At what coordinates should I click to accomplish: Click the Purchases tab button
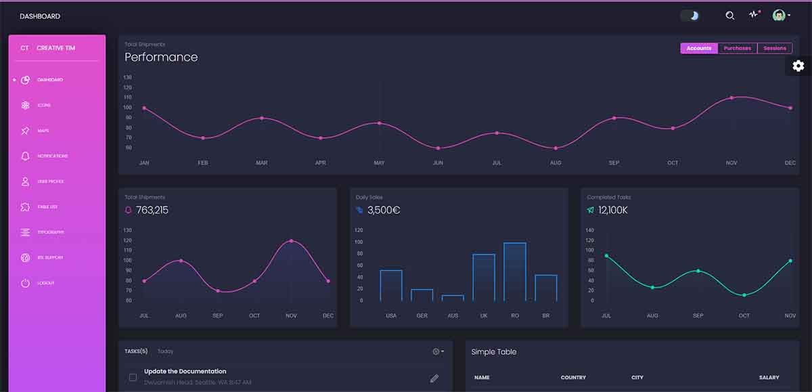[x=737, y=48]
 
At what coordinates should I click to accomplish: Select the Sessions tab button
[x=775, y=48]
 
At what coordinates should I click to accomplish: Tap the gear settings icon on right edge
[x=798, y=66]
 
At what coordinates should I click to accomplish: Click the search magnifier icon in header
[x=729, y=16]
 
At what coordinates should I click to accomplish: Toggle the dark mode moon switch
[x=690, y=16]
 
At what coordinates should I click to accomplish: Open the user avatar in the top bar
[x=780, y=15]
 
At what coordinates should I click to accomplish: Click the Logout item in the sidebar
[x=45, y=283]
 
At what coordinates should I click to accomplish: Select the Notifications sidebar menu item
[x=52, y=156]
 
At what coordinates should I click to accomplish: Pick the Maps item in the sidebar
[x=43, y=131]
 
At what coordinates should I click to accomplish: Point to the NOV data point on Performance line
[x=731, y=97]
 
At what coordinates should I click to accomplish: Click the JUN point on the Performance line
[x=438, y=148]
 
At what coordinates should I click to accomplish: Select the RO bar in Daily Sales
[x=515, y=271]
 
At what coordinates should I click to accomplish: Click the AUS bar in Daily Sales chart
[x=453, y=297]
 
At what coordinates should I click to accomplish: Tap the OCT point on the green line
[x=744, y=295]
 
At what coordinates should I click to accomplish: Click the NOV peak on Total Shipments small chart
[x=291, y=241]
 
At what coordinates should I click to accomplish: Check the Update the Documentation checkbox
[x=133, y=377]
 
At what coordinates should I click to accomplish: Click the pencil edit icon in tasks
[x=434, y=378]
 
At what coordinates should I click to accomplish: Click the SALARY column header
[x=769, y=377]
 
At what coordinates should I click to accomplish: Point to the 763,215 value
[x=152, y=210]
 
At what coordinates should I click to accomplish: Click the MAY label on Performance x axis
[x=379, y=163]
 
